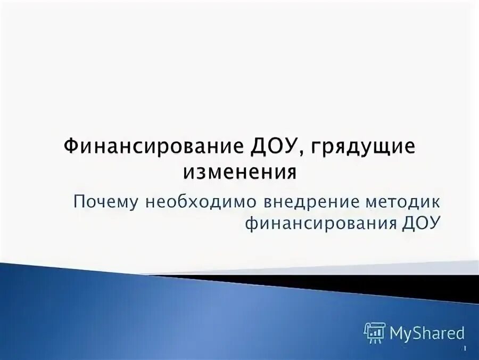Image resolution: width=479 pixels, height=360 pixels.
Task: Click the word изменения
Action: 239,173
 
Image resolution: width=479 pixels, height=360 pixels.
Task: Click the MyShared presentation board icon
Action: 375,333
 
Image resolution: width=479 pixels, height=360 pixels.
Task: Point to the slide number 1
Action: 466,349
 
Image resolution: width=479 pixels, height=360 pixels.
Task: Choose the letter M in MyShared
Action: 397,333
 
